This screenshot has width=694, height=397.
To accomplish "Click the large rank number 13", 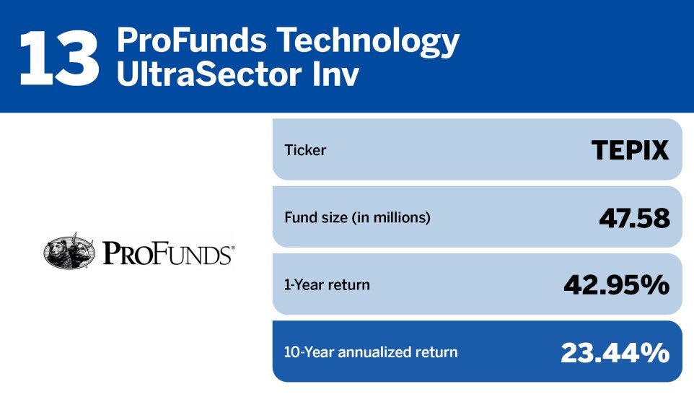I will [x=59, y=56].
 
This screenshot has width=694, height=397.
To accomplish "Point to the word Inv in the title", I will [x=336, y=74].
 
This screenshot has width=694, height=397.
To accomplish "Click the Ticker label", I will [x=305, y=151].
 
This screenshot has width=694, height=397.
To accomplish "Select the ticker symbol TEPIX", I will [x=630, y=150].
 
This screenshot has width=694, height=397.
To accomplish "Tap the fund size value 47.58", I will [x=634, y=217].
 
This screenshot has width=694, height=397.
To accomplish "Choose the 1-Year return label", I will [x=327, y=284].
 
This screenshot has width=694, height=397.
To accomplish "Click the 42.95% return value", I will [x=616, y=285].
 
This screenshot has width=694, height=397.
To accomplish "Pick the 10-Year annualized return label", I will [x=371, y=352].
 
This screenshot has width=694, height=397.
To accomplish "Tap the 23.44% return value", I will [x=615, y=352].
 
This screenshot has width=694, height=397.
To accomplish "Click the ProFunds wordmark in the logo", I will [x=165, y=254].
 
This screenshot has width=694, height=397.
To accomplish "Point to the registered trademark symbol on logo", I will [x=232, y=248].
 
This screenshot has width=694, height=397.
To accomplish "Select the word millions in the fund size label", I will [x=402, y=217].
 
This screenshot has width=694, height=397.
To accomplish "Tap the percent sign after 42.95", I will [x=655, y=285].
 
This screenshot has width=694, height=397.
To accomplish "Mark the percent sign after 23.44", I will [x=655, y=352].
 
